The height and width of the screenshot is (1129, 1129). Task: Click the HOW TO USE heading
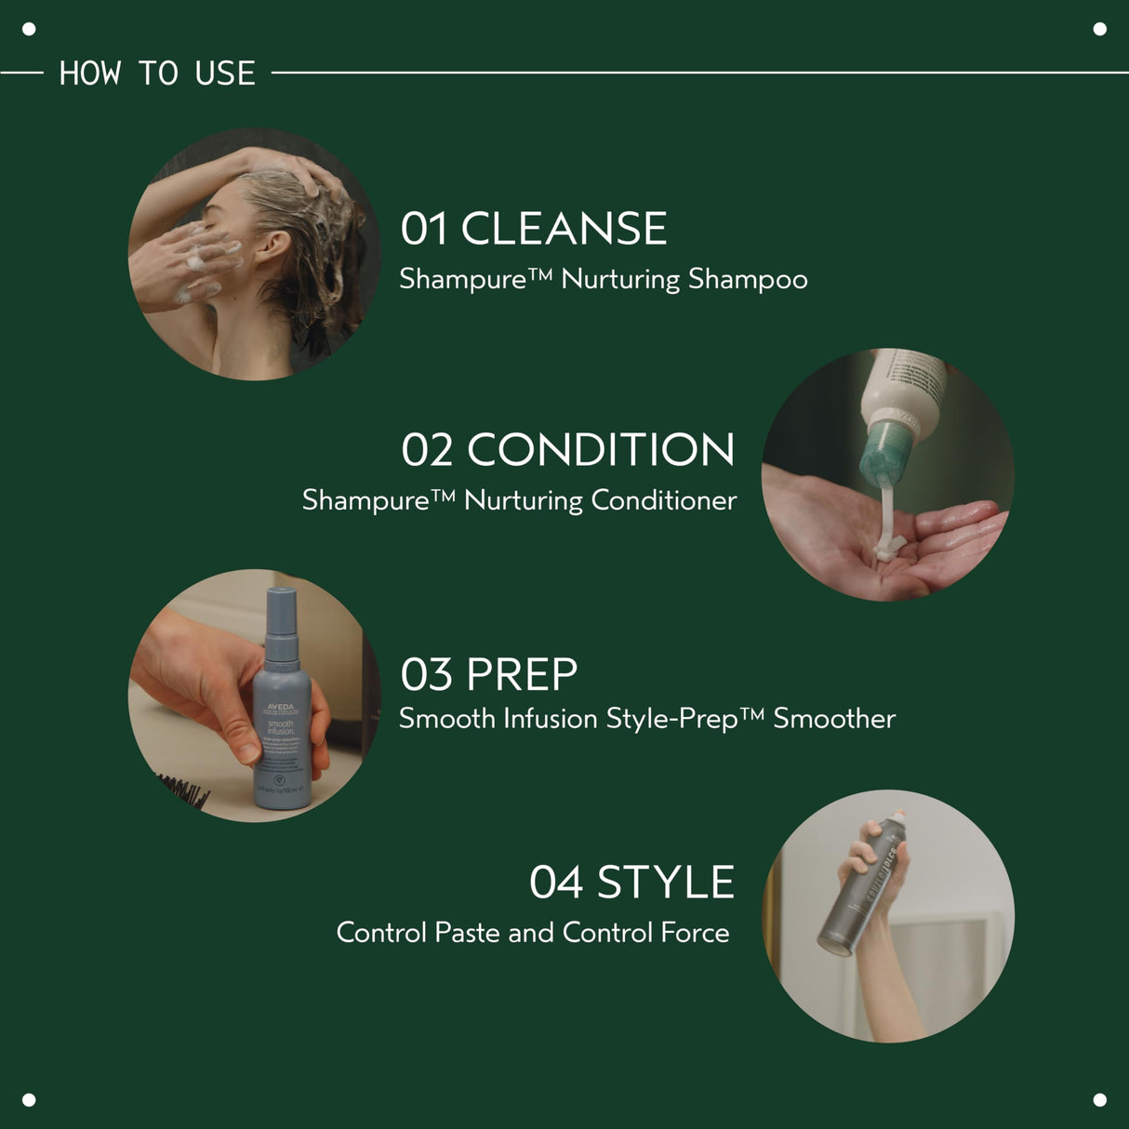(x=157, y=73)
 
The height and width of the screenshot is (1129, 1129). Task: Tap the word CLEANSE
(x=564, y=229)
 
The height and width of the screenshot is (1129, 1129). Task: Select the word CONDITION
(x=601, y=450)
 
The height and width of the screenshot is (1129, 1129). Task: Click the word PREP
(x=522, y=675)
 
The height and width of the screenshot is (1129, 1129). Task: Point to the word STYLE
(x=665, y=883)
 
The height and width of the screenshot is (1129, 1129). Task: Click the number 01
(x=424, y=229)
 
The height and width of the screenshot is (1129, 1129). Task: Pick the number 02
(x=427, y=450)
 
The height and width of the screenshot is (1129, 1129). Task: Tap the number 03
(x=426, y=675)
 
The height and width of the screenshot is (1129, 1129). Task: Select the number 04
(x=556, y=883)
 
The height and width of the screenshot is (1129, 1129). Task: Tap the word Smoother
(x=834, y=719)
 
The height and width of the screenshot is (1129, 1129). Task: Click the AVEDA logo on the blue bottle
(x=280, y=708)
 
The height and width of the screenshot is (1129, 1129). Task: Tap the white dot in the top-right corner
(x=1099, y=29)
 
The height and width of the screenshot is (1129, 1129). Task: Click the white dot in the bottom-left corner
(x=29, y=1099)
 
